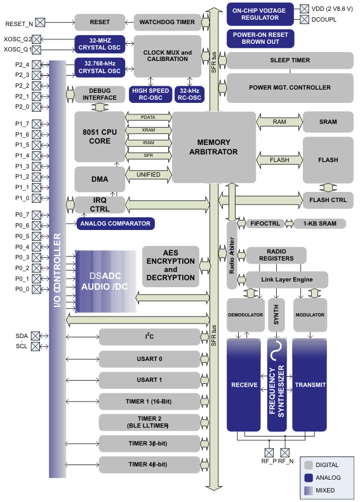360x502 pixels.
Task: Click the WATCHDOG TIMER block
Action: pos(168,22)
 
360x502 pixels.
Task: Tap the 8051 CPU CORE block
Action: pos(100,136)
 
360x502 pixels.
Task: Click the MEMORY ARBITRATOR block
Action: pos(213,147)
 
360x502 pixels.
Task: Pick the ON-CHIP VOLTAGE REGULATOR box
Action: pos(260,13)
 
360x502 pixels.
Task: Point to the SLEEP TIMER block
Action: pos(290,60)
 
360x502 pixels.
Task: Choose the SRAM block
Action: pos(328,121)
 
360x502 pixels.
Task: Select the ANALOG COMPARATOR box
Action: pos(115,224)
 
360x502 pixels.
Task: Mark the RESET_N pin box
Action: pos(41,23)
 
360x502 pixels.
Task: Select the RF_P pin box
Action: pos(269,452)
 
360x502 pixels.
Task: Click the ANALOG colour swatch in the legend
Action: pos(309,478)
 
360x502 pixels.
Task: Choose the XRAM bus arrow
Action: pos(149,130)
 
